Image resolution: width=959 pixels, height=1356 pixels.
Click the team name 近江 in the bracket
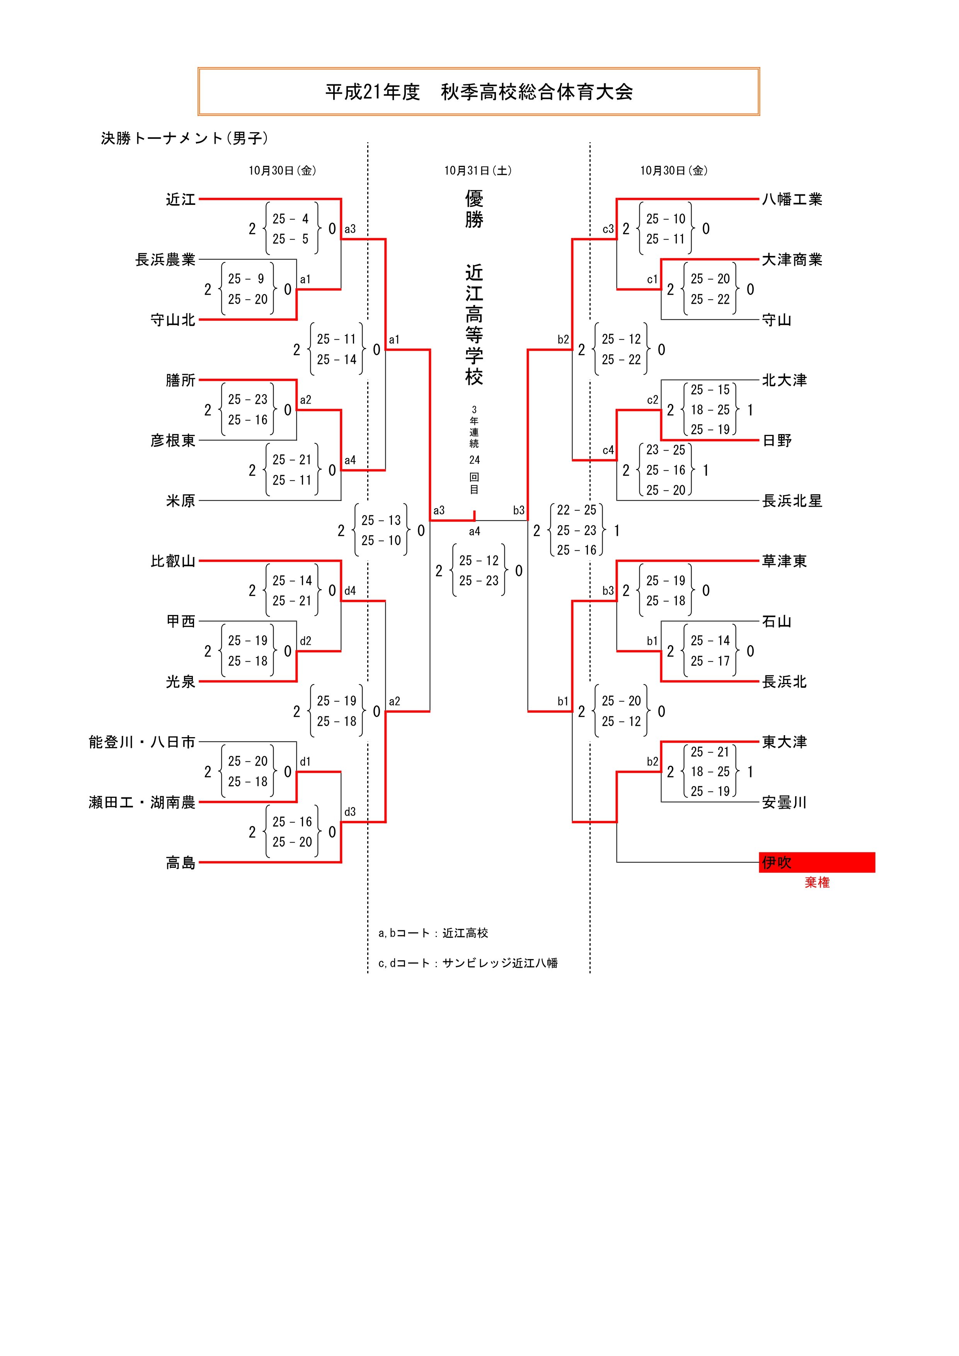tap(180, 199)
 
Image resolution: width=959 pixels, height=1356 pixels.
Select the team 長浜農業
tap(165, 260)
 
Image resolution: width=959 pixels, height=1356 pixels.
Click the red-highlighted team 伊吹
tap(777, 862)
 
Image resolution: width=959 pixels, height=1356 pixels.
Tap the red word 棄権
tap(817, 882)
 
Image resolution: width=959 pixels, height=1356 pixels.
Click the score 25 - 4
tap(291, 219)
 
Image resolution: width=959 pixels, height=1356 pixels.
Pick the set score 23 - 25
tap(666, 450)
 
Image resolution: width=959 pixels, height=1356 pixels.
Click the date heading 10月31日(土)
tap(478, 171)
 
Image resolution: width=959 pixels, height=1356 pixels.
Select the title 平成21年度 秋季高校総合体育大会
tap(478, 92)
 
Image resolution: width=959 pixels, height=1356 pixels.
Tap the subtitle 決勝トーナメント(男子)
tap(184, 138)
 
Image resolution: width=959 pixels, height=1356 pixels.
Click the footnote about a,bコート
tap(433, 933)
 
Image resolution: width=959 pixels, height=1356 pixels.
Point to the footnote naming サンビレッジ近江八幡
tap(468, 963)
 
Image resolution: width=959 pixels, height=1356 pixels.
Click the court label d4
tap(350, 591)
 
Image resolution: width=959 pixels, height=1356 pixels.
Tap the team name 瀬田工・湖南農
tap(142, 802)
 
